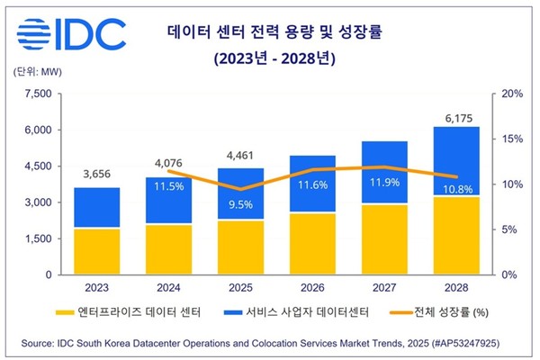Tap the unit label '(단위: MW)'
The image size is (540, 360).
(x=36, y=73)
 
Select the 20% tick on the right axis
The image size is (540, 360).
(x=509, y=94)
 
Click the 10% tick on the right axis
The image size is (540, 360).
(x=509, y=184)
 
